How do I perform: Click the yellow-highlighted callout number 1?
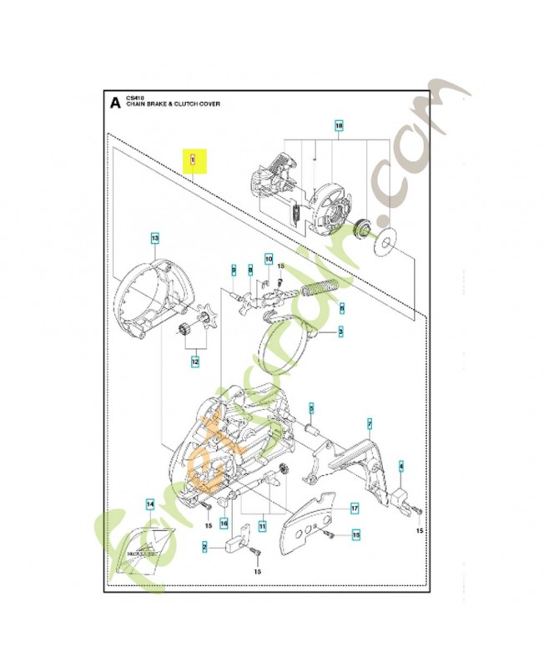[x=193, y=158]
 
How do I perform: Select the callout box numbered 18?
[x=338, y=127]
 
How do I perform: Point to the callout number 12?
[x=194, y=362]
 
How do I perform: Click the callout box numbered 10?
[x=269, y=260]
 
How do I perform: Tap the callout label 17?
[x=354, y=507]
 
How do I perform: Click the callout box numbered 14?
[x=149, y=504]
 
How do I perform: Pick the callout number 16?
[x=224, y=523]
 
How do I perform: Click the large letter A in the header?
[x=114, y=104]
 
